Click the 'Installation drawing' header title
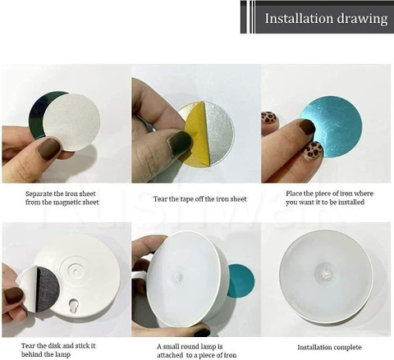coord(326,19)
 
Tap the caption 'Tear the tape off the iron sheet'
coord(199,199)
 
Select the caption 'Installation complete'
coord(329,348)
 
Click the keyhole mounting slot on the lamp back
coord(74,305)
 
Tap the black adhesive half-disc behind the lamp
coord(47,289)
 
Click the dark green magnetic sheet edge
coord(36,114)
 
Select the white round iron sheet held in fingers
coord(72,121)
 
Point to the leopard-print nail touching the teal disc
coord(314,150)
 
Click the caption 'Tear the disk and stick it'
coord(58,346)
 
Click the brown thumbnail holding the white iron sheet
coord(48,148)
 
